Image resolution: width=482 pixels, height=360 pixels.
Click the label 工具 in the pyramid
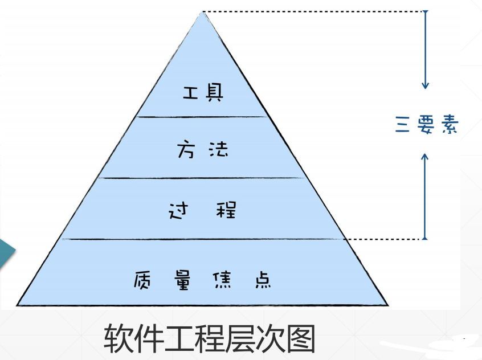coord(203,93)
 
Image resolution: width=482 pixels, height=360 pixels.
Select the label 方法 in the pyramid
coord(203,150)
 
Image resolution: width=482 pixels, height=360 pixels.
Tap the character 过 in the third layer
coord(178,211)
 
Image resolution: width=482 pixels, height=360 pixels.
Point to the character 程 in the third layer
coord(226,211)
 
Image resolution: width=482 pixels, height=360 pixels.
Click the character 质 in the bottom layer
coord(144,280)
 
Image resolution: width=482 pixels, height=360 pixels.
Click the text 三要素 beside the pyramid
coord(426,125)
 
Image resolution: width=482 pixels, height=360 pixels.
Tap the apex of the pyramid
coord(202,13)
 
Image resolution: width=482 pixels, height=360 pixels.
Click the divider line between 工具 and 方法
coord(203,117)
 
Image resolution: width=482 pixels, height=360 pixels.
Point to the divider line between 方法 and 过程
coord(203,178)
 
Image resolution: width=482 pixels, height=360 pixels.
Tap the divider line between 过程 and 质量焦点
coord(203,239)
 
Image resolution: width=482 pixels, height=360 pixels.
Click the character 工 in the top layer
coord(190,93)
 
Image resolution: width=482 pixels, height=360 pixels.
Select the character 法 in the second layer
coord(217,150)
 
